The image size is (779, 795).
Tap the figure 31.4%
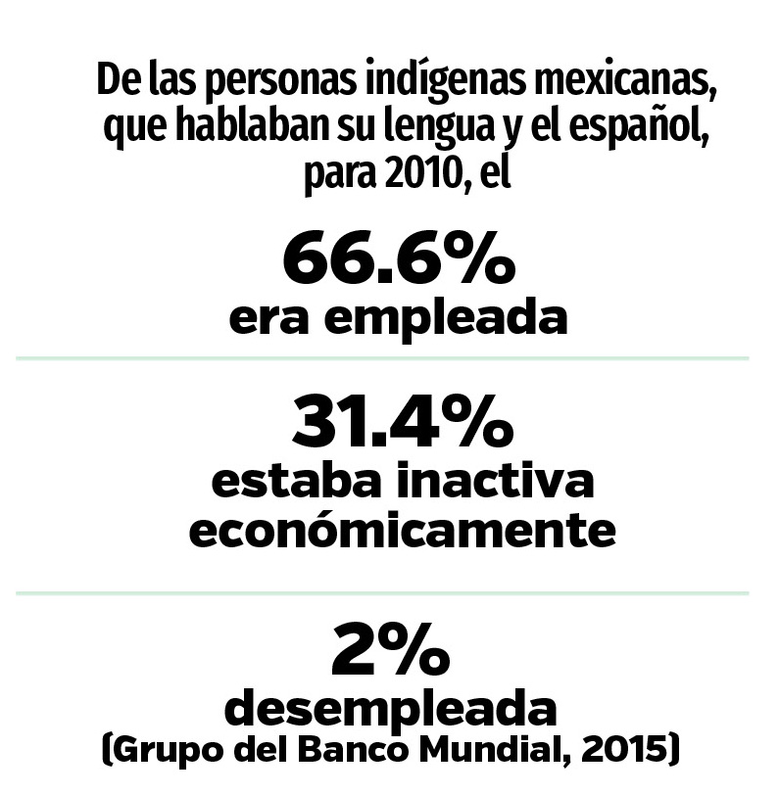(402, 424)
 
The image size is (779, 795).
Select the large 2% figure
(391, 653)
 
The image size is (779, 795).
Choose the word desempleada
(392, 708)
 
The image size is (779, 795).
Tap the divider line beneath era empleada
(382, 358)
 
